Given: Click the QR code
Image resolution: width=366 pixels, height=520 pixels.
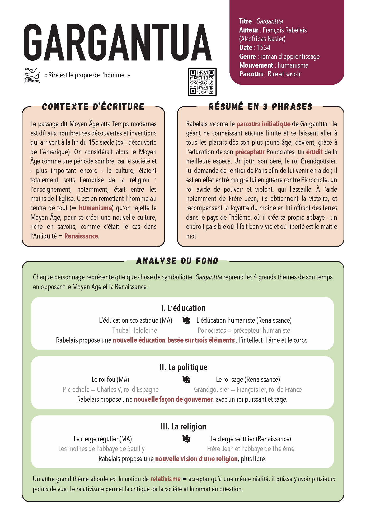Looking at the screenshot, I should pyautogui.click(x=202, y=82).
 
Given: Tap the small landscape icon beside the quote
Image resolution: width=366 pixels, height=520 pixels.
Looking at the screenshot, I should pyautogui.click(x=32, y=75).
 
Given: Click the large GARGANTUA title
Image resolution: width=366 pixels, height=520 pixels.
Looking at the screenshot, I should pyautogui.click(x=118, y=42).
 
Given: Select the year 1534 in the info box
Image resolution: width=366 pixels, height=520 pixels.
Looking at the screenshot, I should pyautogui.click(x=264, y=48).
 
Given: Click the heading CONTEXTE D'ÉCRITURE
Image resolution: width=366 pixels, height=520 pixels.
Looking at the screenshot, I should pyautogui.click(x=93, y=107).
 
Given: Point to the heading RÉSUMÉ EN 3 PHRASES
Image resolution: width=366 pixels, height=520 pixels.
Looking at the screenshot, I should pyautogui.click(x=260, y=107).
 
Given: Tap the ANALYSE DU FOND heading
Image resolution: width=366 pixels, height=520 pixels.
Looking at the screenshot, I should pyautogui.click(x=177, y=261).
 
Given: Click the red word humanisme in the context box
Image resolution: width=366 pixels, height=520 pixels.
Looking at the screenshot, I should pyautogui.click(x=95, y=208).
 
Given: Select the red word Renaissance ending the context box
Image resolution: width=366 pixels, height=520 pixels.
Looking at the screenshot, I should pyautogui.click(x=81, y=236).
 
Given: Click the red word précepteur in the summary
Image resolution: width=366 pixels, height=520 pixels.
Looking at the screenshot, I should pyautogui.click(x=250, y=152).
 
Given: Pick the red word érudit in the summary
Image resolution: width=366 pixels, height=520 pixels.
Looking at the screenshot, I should pyautogui.click(x=314, y=152).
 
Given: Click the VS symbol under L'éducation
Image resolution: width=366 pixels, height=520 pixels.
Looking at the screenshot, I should pyautogui.click(x=186, y=320).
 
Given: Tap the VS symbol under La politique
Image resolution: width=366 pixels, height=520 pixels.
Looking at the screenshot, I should pyautogui.click(x=186, y=380).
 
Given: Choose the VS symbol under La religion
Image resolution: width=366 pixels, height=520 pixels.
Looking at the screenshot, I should pyautogui.click(x=186, y=439).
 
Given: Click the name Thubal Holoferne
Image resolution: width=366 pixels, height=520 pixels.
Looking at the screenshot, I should pyautogui.click(x=134, y=330).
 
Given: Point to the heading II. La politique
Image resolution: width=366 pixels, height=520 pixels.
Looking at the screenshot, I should pyautogui.click(x=184, y=367).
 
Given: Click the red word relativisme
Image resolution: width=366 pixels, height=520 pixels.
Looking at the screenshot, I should pyautogui.click(x=166, y=479).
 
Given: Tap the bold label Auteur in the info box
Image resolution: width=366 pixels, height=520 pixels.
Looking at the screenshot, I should pyautogui.click(x=248, y=30).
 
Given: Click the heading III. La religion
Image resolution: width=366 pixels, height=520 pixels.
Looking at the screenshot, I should pyautogui.click(x=184, y=427).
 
